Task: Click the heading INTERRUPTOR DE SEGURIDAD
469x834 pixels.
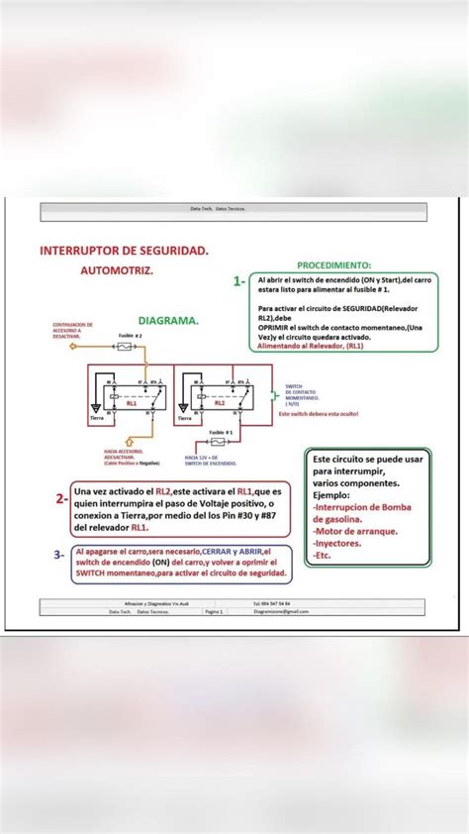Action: click(124, 252)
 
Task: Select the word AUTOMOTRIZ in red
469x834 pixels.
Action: click(118, 269)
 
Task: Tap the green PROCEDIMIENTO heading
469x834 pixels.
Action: click(334, 265)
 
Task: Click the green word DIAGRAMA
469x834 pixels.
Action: click(168, 321)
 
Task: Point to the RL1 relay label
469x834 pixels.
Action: click(131, 404)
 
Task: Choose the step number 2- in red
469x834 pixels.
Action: click(61, 498)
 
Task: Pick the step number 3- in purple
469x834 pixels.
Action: click(59, 555)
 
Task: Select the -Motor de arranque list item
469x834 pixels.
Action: click(355, 531)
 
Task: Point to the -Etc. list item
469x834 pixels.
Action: click(325, 556)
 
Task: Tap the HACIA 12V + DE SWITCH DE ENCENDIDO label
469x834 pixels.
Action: click(210, 461)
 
